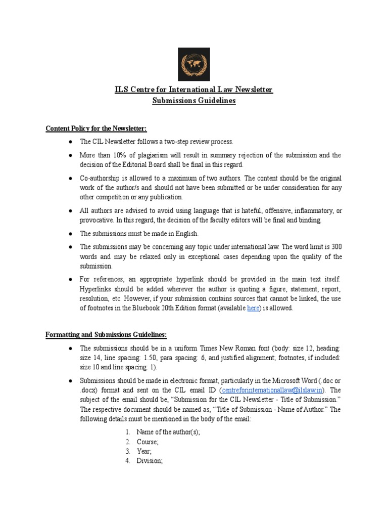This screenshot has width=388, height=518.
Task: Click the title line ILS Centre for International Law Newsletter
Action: (194, 90)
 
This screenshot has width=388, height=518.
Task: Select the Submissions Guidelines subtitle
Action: (194, 101)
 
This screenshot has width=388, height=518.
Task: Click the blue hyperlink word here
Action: (253, 308)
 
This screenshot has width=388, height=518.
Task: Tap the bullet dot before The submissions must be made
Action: (69, 234)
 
